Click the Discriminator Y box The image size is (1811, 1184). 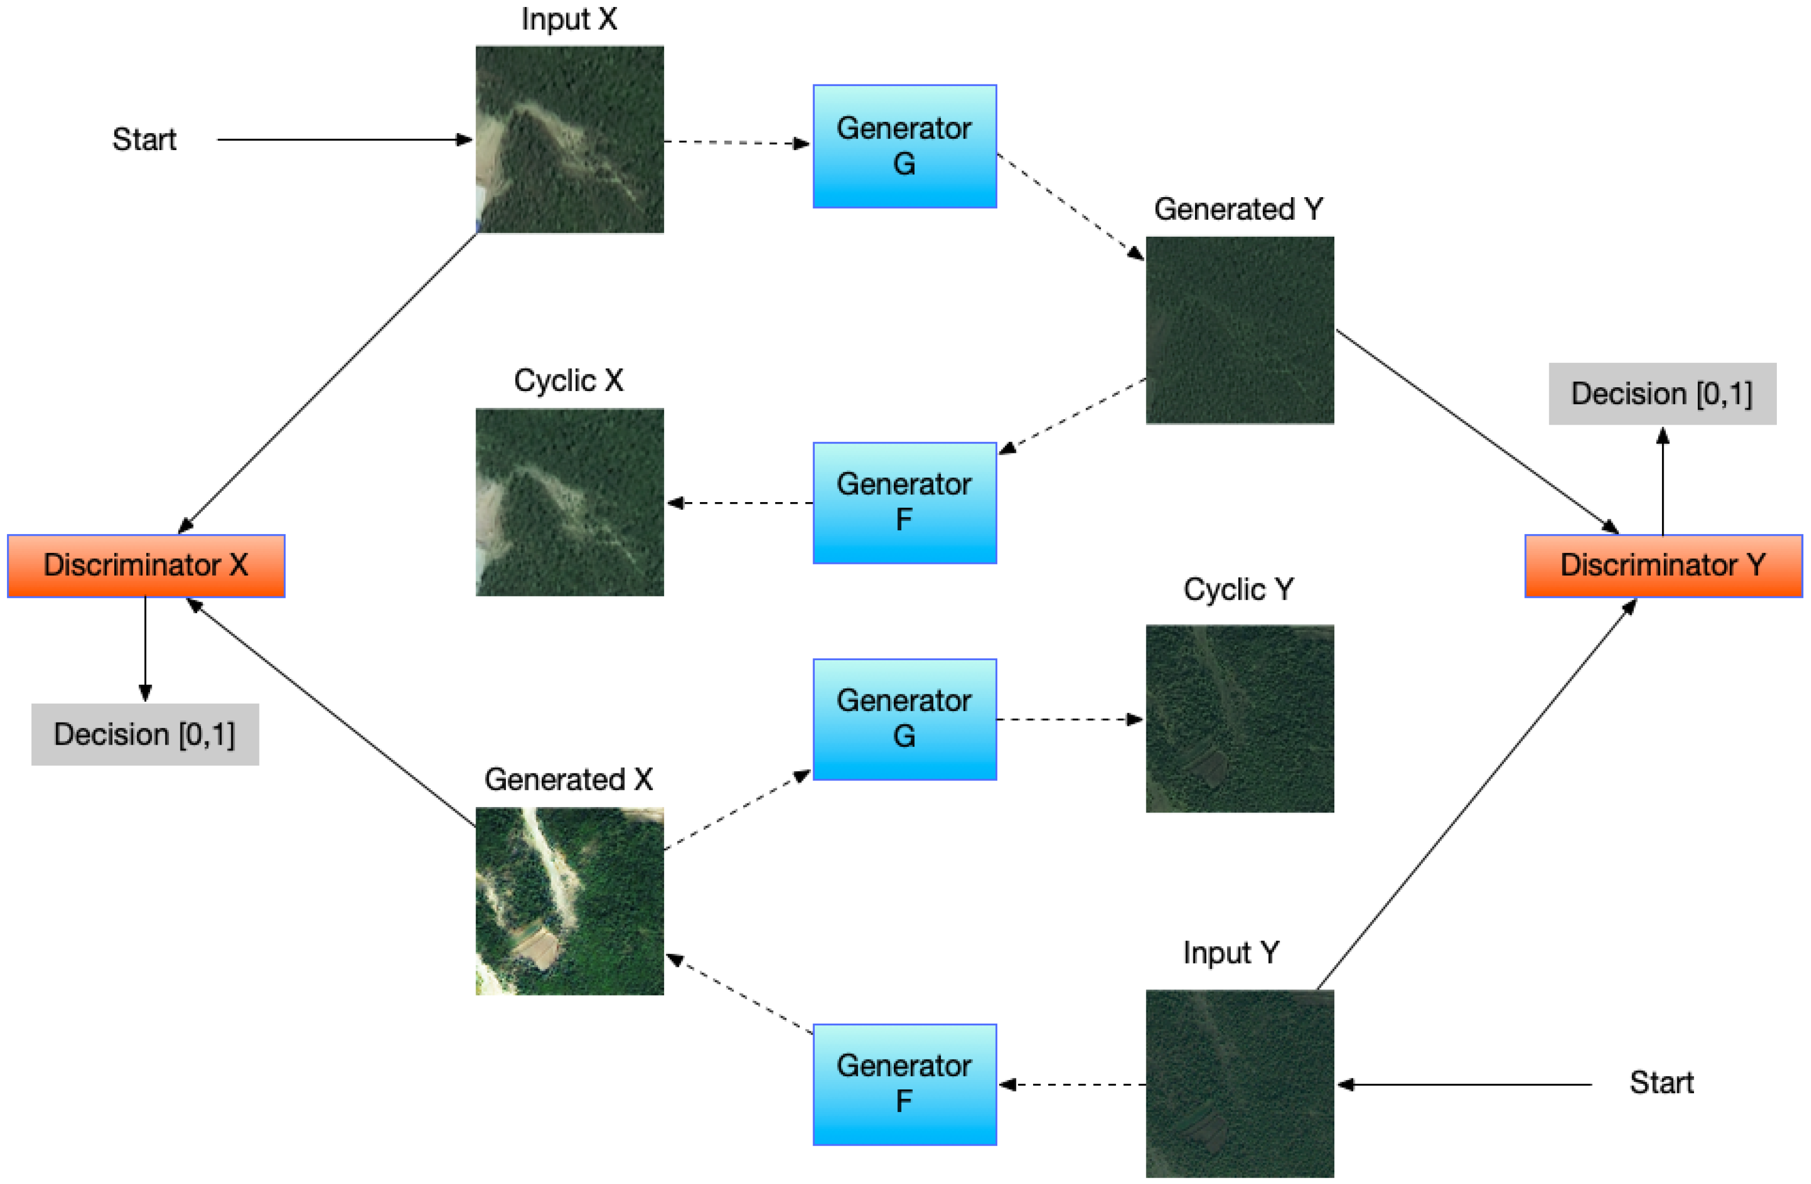coord(1663,565)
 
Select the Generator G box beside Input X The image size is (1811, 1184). coord(904,146)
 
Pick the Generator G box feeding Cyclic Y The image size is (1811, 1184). coord(904,719)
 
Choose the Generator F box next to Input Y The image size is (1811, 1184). coord(904,1084)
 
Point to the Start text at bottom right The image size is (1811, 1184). coord(1661,1082)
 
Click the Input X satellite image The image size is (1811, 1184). coord(569,139)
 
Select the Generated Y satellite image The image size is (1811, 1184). coord(1239,330)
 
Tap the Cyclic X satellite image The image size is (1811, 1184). coord(569,502)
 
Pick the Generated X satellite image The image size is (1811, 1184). coord(569,901)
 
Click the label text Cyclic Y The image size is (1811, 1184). coord(1238,590)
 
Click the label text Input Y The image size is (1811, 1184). coord(1230,953)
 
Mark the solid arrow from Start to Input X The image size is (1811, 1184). coord(342,140)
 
